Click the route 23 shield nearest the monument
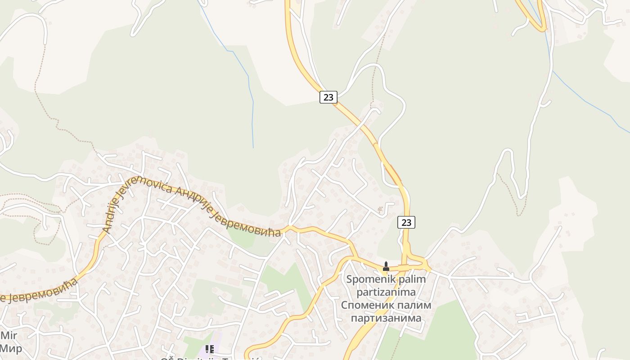[406, 222]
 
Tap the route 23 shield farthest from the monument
[328, 97]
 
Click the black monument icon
[385, 266]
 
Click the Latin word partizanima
[386, 292]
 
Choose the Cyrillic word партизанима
[386, 318]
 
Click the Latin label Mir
[9, 335]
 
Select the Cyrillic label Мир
[11, 348]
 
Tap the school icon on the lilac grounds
[210, 349]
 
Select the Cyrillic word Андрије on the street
[192, 199]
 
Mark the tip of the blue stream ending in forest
[253, 148]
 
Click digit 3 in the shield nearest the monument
[409, 222]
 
